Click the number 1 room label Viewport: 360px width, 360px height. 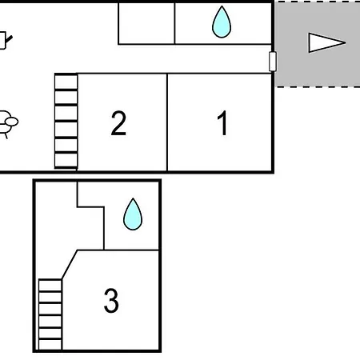(222, 123)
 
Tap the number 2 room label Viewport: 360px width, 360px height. (118, 123)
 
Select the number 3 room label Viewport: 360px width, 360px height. (111, 300)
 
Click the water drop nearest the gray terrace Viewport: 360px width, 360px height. (222, 22)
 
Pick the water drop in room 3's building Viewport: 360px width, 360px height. (133, 214)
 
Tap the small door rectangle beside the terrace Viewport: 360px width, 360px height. (273, 62)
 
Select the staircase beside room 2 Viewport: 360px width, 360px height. (66, 122)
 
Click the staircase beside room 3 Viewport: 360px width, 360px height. (50, 314)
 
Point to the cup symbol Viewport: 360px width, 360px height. (5, 41)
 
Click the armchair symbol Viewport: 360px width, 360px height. (7, 124)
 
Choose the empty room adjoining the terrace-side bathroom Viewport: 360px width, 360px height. (146, 23)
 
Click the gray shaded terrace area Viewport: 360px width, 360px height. (318, 44)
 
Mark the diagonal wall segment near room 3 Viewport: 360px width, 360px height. (70, 265)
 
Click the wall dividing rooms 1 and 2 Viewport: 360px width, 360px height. (167, 122)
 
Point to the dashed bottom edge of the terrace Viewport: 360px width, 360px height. (318, 86)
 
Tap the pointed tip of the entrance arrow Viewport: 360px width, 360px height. (346, 42)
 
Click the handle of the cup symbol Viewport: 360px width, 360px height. (9, 39)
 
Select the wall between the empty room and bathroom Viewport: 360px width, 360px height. (174, 23)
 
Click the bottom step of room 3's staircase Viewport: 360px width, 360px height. (50, 344)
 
